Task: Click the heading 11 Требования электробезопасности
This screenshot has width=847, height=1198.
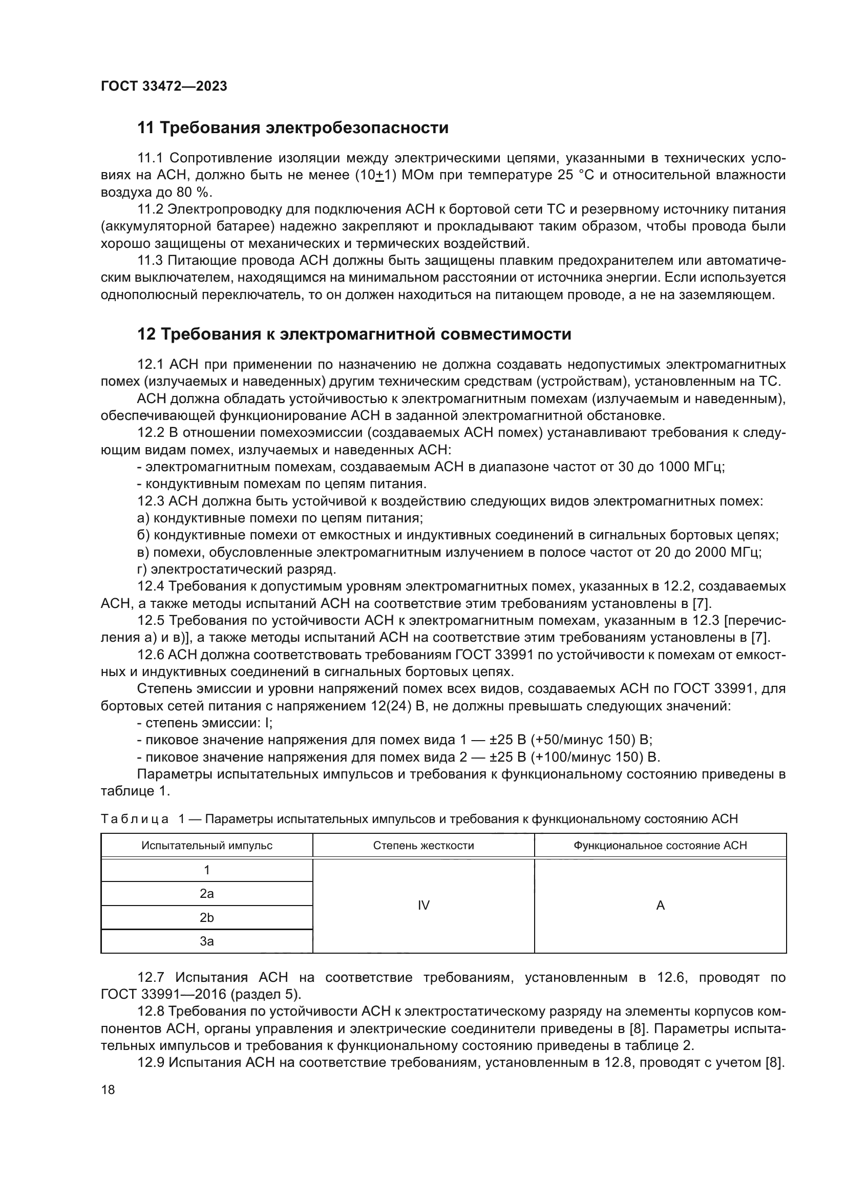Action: (x=292, y=128)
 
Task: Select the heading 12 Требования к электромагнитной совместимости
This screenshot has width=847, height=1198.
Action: (x=354, y=334)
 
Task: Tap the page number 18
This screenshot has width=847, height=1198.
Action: (x=108, y=1089)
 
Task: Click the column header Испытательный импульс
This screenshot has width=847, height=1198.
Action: (x=206, y=845)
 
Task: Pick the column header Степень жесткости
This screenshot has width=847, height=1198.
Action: (x=423, y=845)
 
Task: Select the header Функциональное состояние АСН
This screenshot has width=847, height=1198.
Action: (x=660, y=845)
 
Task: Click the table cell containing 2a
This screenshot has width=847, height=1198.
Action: (x=206, y=894)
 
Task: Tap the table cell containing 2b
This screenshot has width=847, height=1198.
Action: (x=206, y=918)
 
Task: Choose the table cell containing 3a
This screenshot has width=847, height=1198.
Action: (x=206, y=941)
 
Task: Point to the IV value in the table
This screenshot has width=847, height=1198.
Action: (x=423, y=906)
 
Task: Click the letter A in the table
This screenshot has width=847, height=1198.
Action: (x=660, y=906)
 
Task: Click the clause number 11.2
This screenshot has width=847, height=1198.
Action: (x=150, y=210)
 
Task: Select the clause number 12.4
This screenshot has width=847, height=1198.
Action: (x=150, y=586)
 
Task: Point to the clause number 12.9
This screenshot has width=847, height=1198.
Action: (x=150, y=1062)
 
